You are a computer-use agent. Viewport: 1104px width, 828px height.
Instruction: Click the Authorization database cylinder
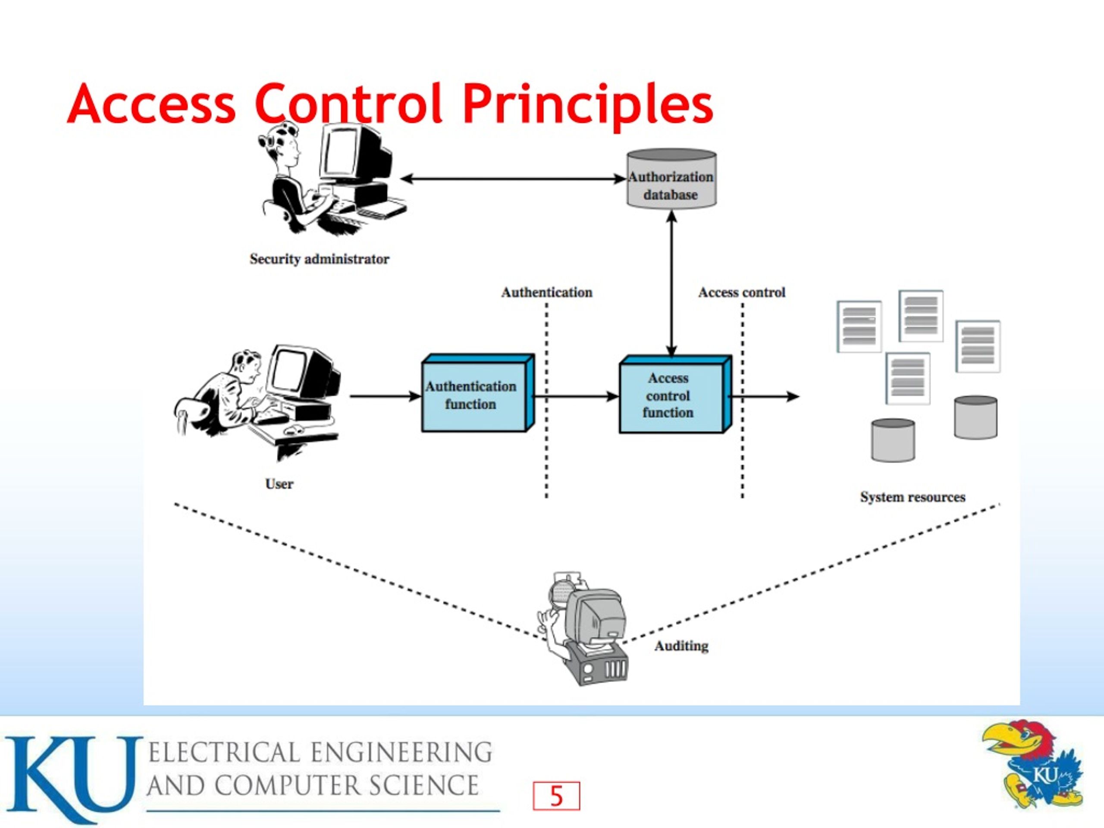pos(671,179)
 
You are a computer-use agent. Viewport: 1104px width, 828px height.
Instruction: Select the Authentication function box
pos(478,393)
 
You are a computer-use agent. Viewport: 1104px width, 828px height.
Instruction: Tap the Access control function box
pos(675,394)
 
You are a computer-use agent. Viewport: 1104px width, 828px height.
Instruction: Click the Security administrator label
pos(320,259)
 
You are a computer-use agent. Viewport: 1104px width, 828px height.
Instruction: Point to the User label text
pos(279,483)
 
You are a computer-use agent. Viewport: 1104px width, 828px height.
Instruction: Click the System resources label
pos(913,497)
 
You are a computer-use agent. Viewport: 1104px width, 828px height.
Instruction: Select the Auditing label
pos(681,646)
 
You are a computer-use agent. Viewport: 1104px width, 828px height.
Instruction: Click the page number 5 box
pos(556,796)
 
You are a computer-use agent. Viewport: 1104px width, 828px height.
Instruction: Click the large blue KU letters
pos(72,778)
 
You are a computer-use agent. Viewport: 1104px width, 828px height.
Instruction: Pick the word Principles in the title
pos(587,105)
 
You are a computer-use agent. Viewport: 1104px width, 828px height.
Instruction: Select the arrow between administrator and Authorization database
pos(513,179)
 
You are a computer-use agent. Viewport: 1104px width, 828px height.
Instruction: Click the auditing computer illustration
pos(583,629)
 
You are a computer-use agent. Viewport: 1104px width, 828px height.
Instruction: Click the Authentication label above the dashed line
pos(547,292)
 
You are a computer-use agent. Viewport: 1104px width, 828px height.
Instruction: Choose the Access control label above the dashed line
pos(742,292)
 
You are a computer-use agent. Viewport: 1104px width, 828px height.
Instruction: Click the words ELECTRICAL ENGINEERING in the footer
pos(320,753)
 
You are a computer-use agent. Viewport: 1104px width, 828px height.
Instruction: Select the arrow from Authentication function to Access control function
pos(577,396)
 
